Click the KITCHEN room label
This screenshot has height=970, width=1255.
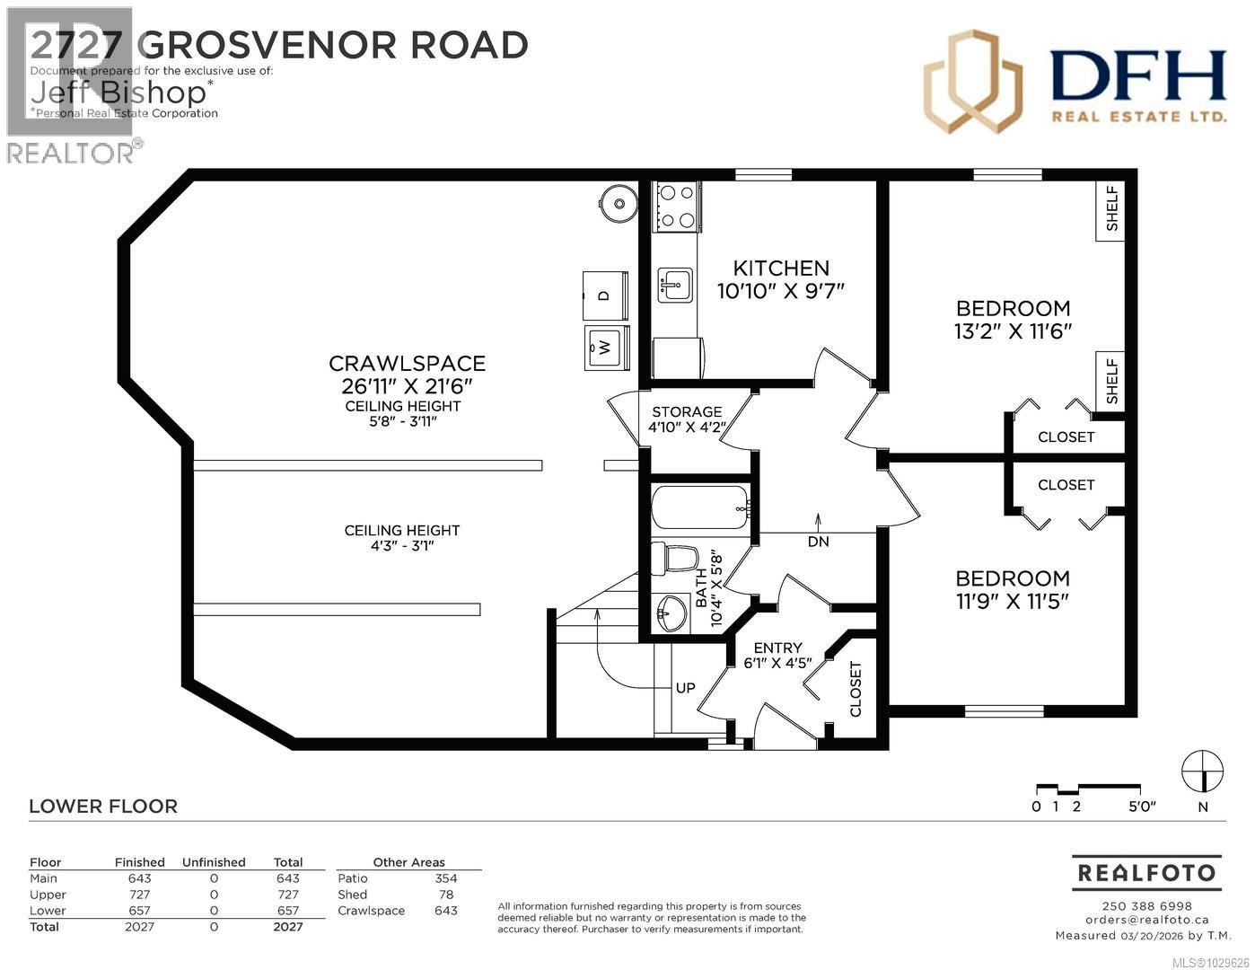pyautogui.click(x=781, y=268)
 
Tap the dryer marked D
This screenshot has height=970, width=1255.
pyautogui.click(x=604, y=295)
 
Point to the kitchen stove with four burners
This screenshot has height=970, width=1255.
pyautogui.click(x=678, y=206)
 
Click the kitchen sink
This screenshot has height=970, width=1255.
pyautogui.click(x=674, y=286)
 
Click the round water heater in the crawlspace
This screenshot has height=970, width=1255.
pyautogui.click(x=617, y=203)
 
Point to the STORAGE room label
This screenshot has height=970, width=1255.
pyautogui.click(x=687, y=411)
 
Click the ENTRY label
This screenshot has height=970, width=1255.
pyautogui.click(x=777, y=648)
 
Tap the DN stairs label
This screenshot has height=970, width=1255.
pyautogui.click(x=818, y=542)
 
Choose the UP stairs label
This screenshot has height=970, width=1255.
pyautogui.click(x=685, y=688)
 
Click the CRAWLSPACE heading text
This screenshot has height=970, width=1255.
pyautogui.click(x=407, y=364)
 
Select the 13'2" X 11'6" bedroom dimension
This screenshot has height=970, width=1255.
pyautogui.click(x=1013, y=331)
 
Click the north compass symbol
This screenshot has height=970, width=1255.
pyautogui.click(x=1202, y=771)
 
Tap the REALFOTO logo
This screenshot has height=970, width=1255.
pyautogui.click(x=1146, y=872)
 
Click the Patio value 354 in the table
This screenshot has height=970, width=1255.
pyautogui.click(x=445, y=878)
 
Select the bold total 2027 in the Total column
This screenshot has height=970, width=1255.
pyautogui.click(x=287, y=927)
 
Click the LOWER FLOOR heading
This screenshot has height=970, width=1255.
pyautogui.click(x=103, y=807)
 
